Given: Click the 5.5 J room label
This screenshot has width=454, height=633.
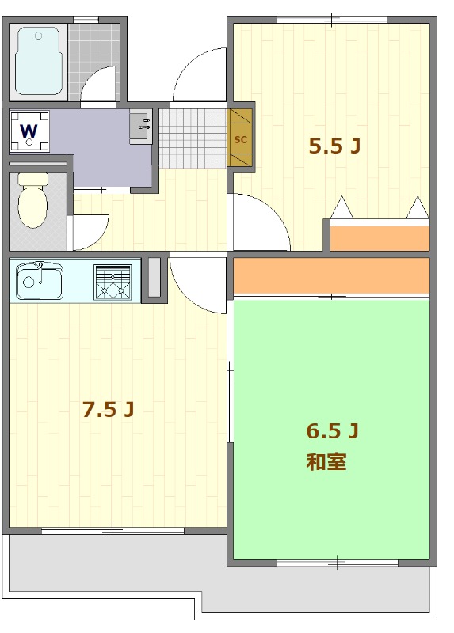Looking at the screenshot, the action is pos(334,146).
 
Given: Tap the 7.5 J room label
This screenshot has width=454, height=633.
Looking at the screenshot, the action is pos(108,409).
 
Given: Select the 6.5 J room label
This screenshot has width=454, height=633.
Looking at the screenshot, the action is pos(333,431).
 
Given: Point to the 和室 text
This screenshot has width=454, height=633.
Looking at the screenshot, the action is pos(326,462).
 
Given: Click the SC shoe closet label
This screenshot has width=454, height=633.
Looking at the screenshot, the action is pos(241,140).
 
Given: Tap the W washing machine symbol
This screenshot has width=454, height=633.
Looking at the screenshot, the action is pos(29,131).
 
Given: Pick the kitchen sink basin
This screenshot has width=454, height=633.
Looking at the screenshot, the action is pos(40,282).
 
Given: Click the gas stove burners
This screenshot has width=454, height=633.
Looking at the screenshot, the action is pos(113,282).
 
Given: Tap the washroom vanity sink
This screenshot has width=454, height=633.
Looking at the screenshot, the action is pos(141,127).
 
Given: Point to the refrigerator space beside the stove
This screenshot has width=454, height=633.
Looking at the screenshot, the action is pos(155,278).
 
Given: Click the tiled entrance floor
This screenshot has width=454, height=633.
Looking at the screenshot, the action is pos(193,138).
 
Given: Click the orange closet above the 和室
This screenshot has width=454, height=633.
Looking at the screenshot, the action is pos(331,275).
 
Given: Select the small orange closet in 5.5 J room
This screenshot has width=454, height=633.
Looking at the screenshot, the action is pos(380,239).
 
